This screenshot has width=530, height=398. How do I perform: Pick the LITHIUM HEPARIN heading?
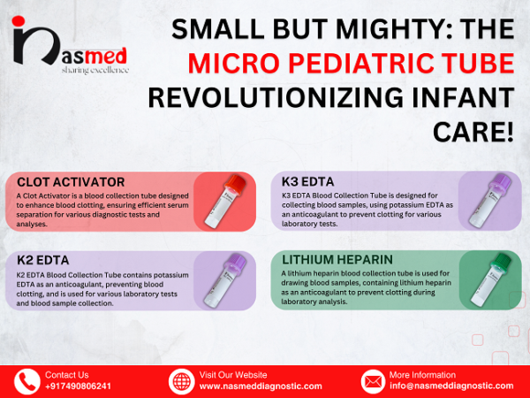337,259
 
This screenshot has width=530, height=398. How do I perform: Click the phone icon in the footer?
26,381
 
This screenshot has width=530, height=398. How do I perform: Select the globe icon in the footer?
181,381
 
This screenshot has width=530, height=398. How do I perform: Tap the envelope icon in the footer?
373,381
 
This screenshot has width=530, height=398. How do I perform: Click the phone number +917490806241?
79,387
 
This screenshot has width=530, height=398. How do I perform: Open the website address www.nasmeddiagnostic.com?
261,387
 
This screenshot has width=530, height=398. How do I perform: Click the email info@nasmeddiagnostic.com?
450,387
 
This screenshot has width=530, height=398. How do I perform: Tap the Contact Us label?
66,375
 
